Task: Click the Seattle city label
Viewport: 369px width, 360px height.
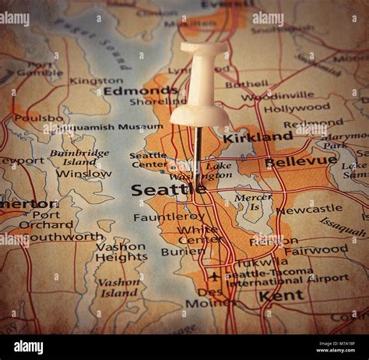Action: pyautogui.click(x=168, y=189)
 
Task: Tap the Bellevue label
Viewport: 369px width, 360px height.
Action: pyautogui.click(x=300, y=162)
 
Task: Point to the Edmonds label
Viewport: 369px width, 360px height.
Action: pyautogui.click(x=140, y=90)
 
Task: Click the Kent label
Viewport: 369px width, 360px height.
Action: pyautogui.click(x=281, y=295)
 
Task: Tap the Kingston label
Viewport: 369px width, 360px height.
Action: pyautogui.click(x=96, y=80)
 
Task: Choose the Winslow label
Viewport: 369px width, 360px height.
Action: pyautogui.click(x=83, y=174)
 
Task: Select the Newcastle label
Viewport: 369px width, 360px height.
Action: pyautogui.click(x=309, y=209)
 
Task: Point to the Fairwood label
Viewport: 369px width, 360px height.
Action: pyautogui.click(x=315, y=250)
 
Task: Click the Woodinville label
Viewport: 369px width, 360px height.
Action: pyautogui.click(x=277, y=97)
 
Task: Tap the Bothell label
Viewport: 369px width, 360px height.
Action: pyautogui.click(x=247, y=84)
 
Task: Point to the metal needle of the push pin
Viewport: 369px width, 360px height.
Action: pyautogui.click(x=198, y=148)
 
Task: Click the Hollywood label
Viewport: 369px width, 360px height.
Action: pyautogui.click(x=296, y=108)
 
